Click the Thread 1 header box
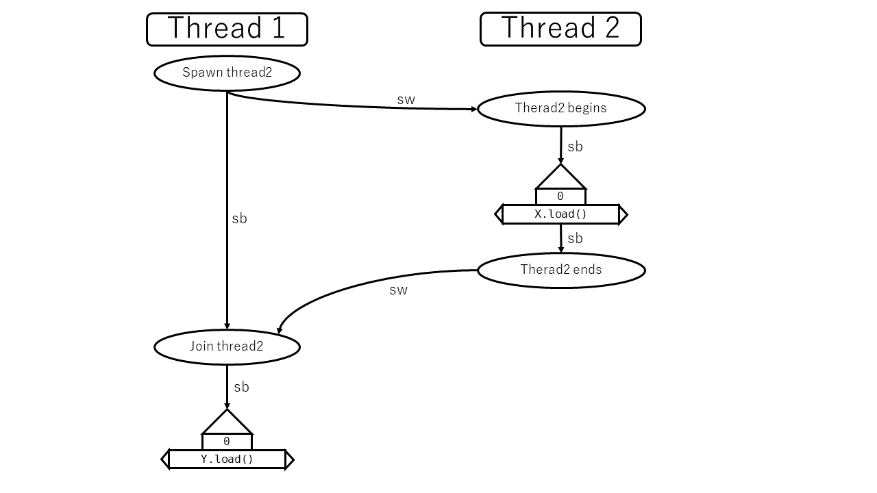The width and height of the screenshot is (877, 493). pyautogui.click(x=227, y=29)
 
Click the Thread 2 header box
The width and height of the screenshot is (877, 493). pyautogui.click(x=560, y=29)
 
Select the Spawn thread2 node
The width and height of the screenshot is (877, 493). pyautogui.click(x=227, y=73)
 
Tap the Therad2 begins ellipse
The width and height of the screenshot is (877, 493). pyautogui.click(x=560, y=109)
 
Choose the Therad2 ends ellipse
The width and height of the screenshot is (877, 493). pyautogui.click(x=560, y=270)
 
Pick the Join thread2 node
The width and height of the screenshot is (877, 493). pyautogui.click(x=227, y=347)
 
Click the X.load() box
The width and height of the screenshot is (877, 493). pyautogui.click(x=560, y=214)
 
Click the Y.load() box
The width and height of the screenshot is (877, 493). pyautogui.click(x=227, y=459)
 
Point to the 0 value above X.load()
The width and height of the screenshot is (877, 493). pyautogui.click(x=560, y=197)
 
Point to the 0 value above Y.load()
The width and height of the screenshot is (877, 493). pyautogui.click(x=227, y=442)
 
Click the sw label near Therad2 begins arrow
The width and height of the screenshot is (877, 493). pyautogui.click(x=406, y=99)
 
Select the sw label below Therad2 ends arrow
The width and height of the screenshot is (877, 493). pyautogui.click(x=398, y=290)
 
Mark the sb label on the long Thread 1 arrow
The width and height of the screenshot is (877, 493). pyautogui.click(x=239, y=218)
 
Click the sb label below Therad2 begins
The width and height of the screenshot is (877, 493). pyautogui.click(x=575, y=147)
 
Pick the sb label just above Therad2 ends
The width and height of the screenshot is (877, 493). pyautogui.click(x=575, y=238)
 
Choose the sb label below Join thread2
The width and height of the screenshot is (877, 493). pyautogui.click(x=241, y=387)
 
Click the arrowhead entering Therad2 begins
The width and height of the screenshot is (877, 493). pyautogui.click(x=473, y=109)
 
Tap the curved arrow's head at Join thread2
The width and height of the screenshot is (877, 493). pyautogui.click(x=280, y=330)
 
